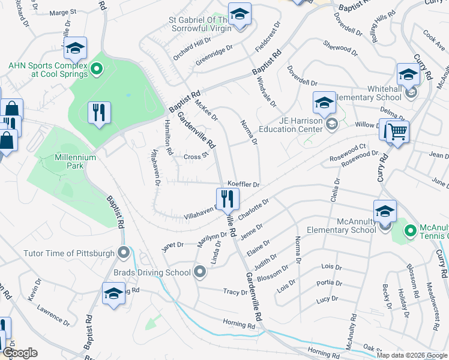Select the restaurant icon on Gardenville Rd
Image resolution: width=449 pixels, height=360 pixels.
[x=228, y=198]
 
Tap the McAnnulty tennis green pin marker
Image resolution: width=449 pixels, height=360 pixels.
[x=411, y=230]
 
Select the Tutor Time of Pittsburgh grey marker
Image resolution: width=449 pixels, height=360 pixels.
[x=124, y=253]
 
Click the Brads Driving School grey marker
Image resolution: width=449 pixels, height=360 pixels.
[x=200, y=272]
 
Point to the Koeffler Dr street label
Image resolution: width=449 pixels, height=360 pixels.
[x=243, y=185]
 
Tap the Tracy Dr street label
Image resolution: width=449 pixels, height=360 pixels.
[x=235, y=292]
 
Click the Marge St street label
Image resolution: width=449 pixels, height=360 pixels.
[x=63, y=12]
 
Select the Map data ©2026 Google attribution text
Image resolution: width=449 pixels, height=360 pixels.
[x=412, y=355]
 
